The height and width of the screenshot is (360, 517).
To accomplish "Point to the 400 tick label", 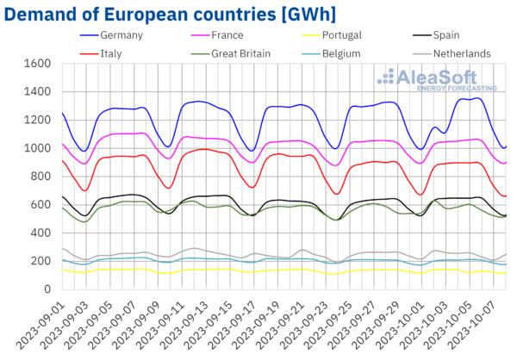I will click(x=40, y=233).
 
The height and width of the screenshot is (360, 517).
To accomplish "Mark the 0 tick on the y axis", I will click(x=47, y=289).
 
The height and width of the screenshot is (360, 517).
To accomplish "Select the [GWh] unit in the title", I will click(x=301, y=12).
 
